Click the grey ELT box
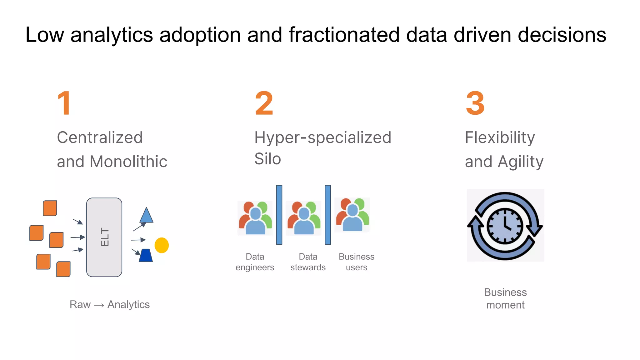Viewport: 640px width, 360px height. point(104,237)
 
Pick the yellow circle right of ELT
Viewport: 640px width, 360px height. point(162,245)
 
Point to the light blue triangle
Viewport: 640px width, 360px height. point(146,216)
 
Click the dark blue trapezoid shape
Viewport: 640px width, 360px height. point(146,255)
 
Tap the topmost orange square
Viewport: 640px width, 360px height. point(50,208)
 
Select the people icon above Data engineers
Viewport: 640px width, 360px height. point(255,218)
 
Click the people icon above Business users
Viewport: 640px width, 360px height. point(352,215)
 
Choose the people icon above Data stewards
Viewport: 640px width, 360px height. point(303,218)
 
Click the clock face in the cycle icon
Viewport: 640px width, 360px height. point(505,226)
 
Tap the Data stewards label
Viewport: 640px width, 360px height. point(308,262)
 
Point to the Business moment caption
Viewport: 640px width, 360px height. point(505,298)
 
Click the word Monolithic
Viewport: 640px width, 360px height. point(128,162)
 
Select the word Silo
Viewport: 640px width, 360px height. point(267,159)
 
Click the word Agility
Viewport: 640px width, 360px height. point(521,162)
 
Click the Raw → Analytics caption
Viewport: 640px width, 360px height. point(110,304)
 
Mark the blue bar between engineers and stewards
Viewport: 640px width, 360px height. point(279,215)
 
